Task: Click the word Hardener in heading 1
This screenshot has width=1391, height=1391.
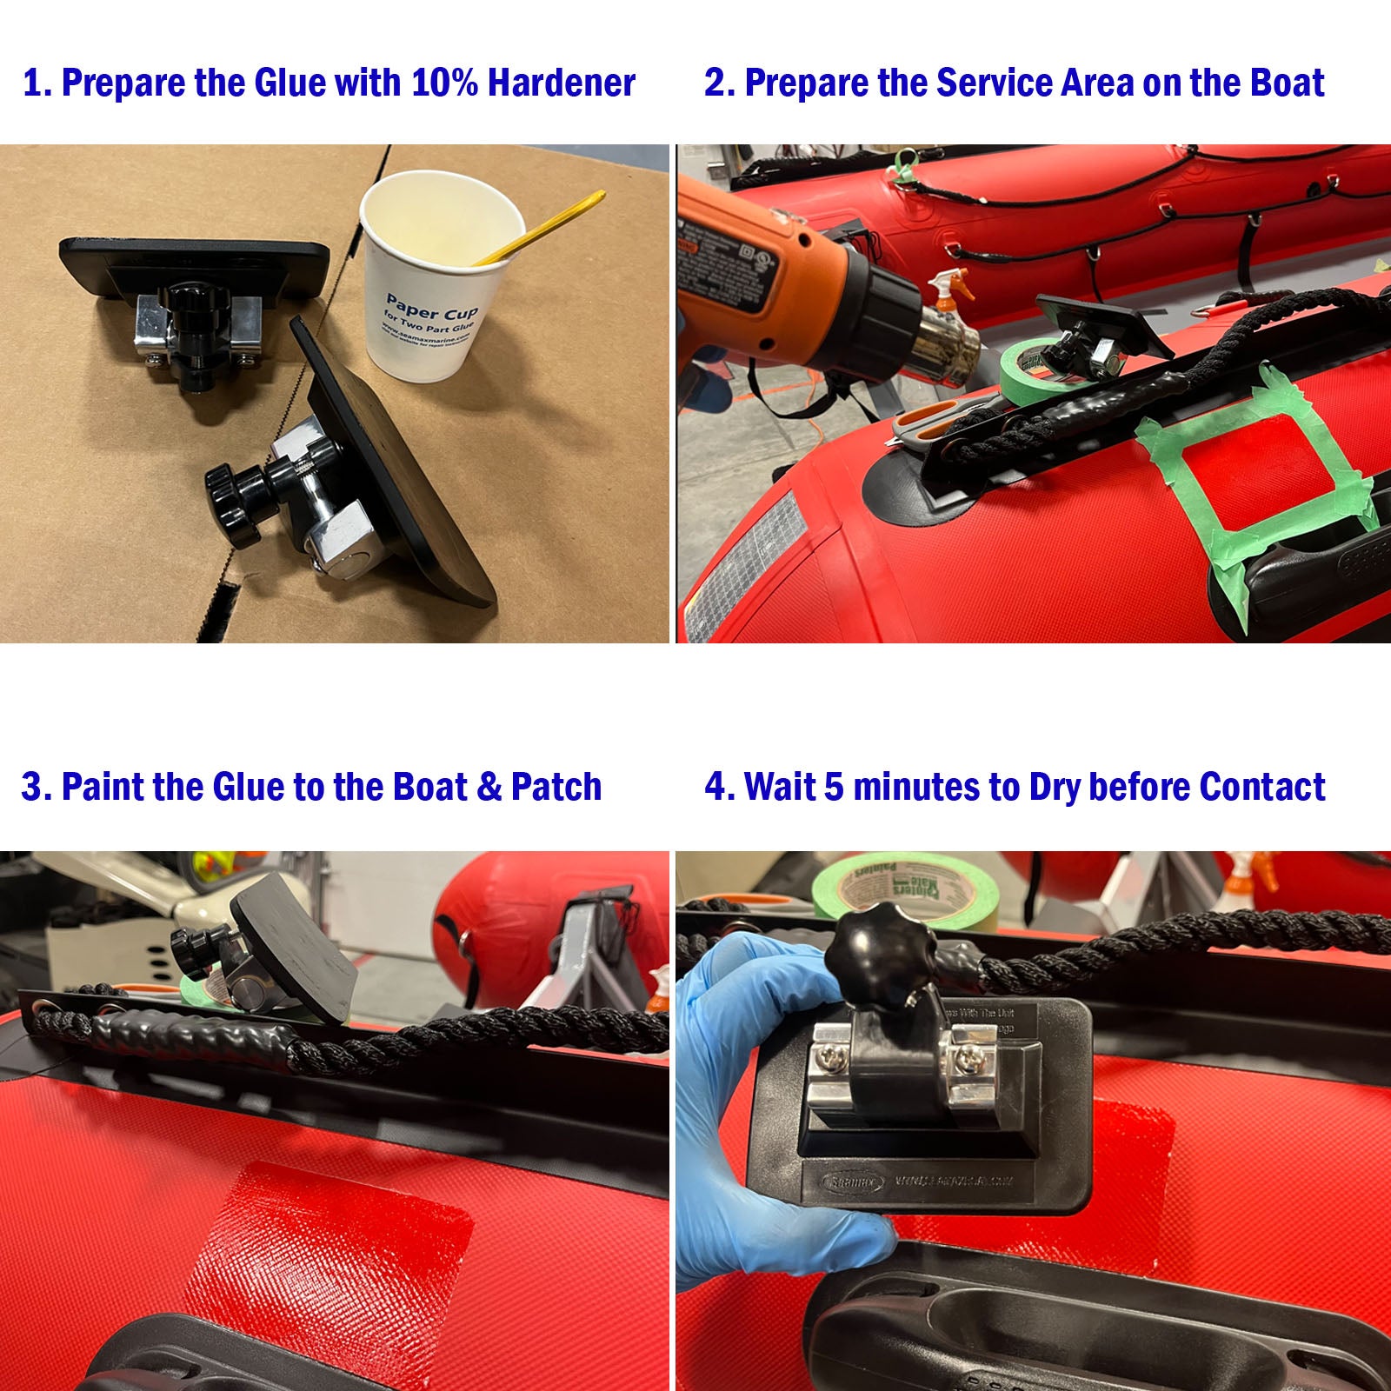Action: pos(561,83)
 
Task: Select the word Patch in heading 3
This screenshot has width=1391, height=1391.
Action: pos(556,787)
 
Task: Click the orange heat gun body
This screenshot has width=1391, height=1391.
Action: pos(748,270)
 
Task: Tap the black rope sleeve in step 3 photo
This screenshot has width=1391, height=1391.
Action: pos(200,1035)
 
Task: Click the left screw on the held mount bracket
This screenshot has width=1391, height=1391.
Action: pos(829,1058)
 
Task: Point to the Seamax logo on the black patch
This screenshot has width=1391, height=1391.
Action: pos(852,1181)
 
